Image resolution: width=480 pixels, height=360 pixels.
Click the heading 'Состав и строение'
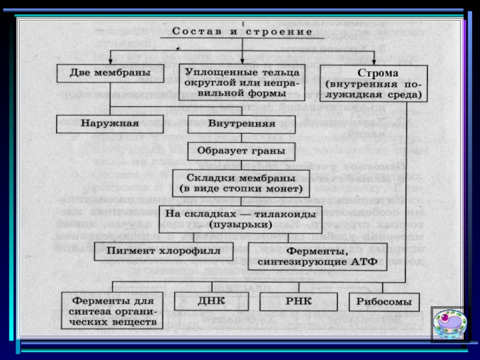coord(242,31)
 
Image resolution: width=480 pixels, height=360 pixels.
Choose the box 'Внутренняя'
coord(241,124)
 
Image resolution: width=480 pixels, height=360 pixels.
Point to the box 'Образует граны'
coord(242,151)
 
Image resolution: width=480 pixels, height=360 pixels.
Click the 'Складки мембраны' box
coord(242,184)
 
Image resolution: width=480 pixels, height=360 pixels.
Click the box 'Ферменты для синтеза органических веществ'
coord(112,310)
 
